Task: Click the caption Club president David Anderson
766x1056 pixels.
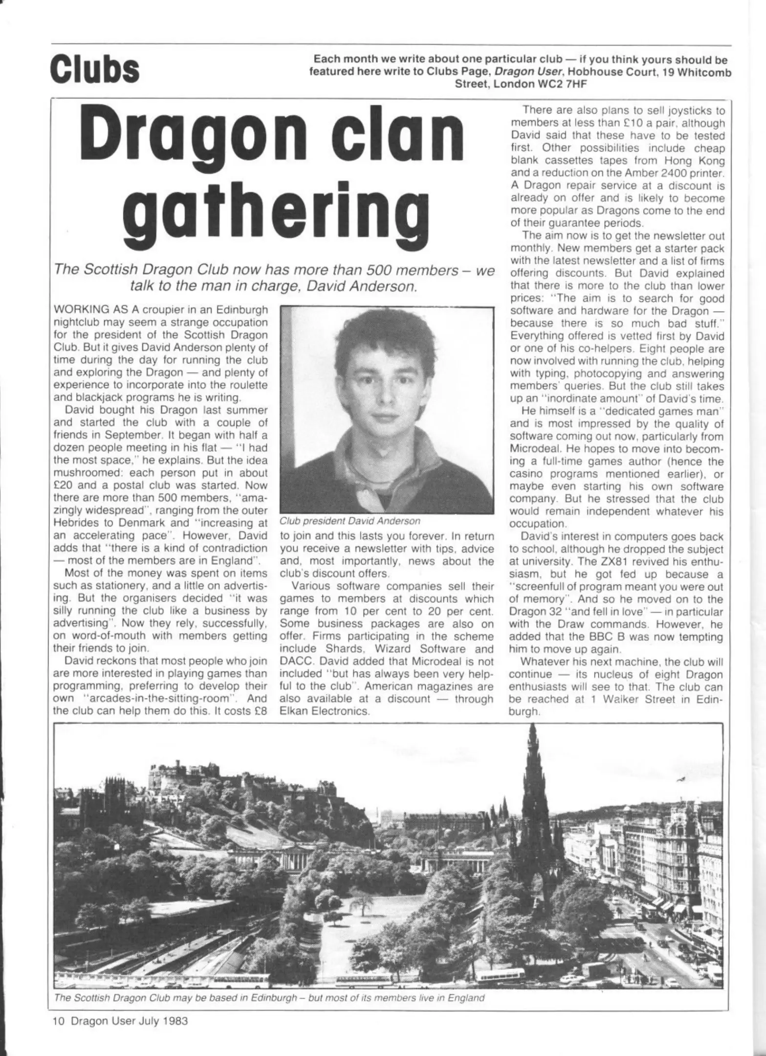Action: [x=350, y=521]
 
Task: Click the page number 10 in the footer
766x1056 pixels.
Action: [x=58, y=1021]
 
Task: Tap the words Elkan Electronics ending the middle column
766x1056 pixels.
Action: [x=324, y=711]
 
